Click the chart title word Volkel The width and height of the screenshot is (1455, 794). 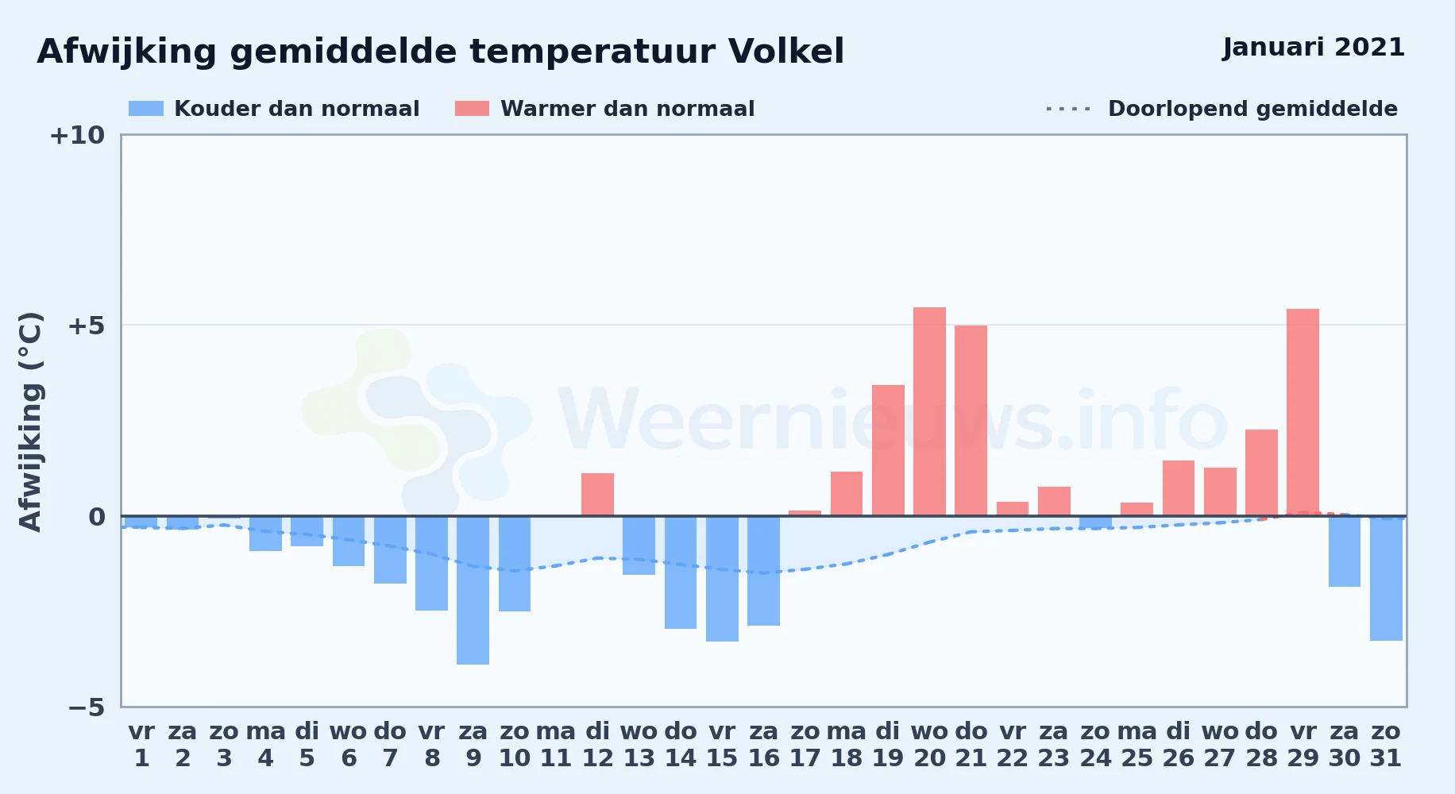point(785,52)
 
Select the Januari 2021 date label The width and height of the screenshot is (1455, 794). point(1314,48)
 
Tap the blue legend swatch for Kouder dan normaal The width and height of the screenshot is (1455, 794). point(146,109)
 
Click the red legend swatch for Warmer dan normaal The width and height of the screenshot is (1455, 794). point(472,109)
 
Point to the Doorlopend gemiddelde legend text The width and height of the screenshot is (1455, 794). point(1252,109)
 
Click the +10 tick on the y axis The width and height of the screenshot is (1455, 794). point(77,136)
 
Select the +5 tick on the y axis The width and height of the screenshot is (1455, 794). point(86,326)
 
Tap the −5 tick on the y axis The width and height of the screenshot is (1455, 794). point(86,707)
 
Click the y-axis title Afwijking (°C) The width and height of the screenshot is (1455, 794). point(30,422)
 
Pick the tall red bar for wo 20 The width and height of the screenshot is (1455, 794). point(929,411)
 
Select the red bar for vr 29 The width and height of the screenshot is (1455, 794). point(1303,412)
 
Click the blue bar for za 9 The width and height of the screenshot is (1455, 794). point(473,590)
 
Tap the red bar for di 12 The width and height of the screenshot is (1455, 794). point(597,495)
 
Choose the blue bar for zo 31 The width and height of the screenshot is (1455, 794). point(1386,578)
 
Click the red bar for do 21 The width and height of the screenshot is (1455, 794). point(971,421)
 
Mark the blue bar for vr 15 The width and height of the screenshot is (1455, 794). point(722,579)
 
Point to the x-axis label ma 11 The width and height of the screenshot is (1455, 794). point(556,745)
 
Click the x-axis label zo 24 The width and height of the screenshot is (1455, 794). point(1095,745)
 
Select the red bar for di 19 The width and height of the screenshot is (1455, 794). point(888,450)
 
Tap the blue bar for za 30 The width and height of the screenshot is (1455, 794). point(1345,551)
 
